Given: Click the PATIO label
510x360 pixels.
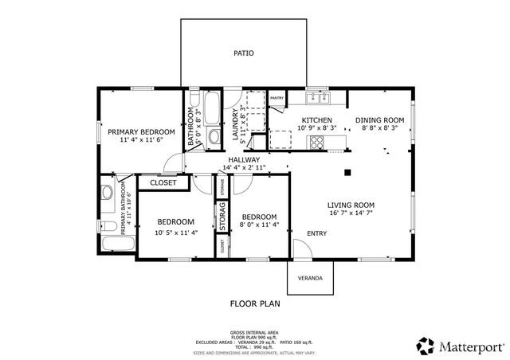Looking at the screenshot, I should click(x=243, y=54).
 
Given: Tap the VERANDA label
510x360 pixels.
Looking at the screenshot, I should click(x=311, y=278).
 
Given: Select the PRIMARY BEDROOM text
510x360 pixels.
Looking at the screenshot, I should click(x=142, y=131).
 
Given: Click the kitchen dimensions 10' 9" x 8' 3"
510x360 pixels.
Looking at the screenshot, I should click(x=317, y=127).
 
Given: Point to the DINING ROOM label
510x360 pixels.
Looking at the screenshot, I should click(x=383, y=119).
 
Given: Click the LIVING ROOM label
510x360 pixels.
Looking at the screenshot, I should click(x=351, y=205).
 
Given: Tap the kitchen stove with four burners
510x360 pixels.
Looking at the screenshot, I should click(x=316, y=143).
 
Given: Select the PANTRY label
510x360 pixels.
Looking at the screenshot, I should click(x=277, y=98).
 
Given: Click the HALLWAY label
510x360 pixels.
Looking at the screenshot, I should click(x=244, y=160).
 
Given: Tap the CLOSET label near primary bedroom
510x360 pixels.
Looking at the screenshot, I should click(x=163, y=182).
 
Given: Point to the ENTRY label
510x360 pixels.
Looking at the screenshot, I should click(x=316, y=233).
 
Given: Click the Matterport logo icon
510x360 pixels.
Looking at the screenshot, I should click(x=423, y=345).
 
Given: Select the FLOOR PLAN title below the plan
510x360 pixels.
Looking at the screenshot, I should click(x=255, y=303).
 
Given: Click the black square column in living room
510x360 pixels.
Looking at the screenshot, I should click(x=347, y=171).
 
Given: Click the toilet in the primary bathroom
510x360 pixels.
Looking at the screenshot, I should click(x=107, y=194).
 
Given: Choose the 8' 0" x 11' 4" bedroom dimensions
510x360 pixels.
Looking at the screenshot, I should click(x=259, y=225).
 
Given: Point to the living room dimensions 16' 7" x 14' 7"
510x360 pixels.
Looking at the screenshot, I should click(x=351, y=213).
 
